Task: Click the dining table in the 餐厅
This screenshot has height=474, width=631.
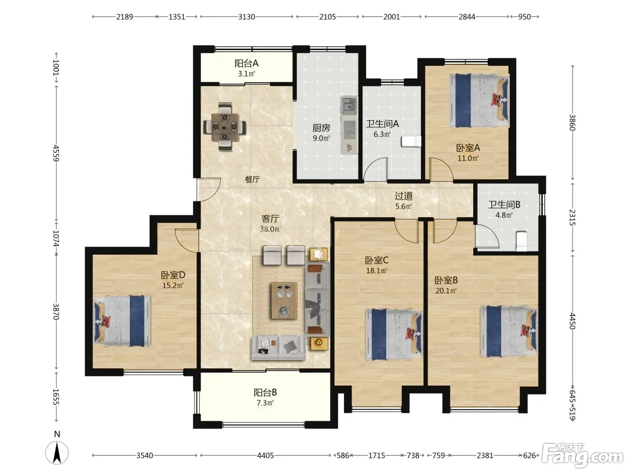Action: pyautogui.click(x=225, y=127)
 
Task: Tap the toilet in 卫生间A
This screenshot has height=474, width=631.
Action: pyautogui.click(x=411, y=141)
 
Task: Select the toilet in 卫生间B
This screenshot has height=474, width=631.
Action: pyautogui.click(x=521, y=241)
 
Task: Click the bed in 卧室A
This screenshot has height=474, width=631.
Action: pyautogui.click(x=479, y=100)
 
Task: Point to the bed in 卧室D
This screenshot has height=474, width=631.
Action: pyautogui.click(x=122, y=321)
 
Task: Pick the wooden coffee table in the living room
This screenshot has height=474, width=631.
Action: pyautogui.click(x=284, y=301)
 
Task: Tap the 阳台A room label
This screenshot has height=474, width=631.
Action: pyautogui.click(x=247, y=63)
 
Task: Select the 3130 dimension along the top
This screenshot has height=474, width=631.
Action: pyautogui.click(x=247, y=17)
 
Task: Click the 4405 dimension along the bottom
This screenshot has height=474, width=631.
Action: pyautogui.click(x=265, y=455)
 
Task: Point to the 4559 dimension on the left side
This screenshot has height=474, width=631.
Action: pyautogui.click(x=56, y=153)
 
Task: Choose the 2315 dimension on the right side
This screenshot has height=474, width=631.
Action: pyautogui.click(x=572, y=217)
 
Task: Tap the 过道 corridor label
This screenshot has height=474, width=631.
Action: pyautogui.click(x=403, y=196)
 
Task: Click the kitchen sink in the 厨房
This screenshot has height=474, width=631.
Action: pyautogui.click(x=349, y=106)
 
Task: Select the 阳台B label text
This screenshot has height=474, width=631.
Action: pyautogui.click(x=265, y=392)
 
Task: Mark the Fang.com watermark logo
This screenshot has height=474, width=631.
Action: pyautogui.click(x=582, y=455)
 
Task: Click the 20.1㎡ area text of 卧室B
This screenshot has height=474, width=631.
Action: pyautogui.click(x=446, y=291)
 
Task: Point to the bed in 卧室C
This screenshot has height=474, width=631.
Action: pyautogui.click(x=394, y=335)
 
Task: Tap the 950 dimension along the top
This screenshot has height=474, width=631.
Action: pyautogui.click(x=524, y=17)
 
